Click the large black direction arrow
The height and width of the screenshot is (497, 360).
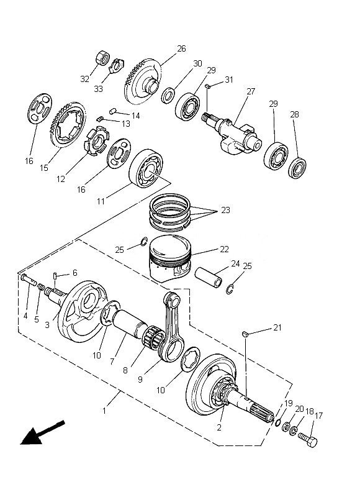point(42,432)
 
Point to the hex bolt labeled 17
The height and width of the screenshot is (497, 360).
point(308,439)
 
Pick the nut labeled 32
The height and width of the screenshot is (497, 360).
point(102,58)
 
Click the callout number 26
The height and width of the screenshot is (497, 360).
point(181,49)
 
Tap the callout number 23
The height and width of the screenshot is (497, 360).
point(225,210)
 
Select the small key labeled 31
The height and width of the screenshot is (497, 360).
point(208,86)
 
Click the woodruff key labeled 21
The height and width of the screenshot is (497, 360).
point(245,334)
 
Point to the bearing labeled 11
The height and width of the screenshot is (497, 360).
point(146,168)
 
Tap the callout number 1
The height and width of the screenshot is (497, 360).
point(104,411)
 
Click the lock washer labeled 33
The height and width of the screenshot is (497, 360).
point(117,65)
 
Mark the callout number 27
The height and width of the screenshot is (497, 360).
point(251,91)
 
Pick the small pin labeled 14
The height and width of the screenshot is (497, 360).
point(113,111)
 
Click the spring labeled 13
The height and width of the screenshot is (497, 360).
point(100,119)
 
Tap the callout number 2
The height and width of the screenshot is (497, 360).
point(219,427)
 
